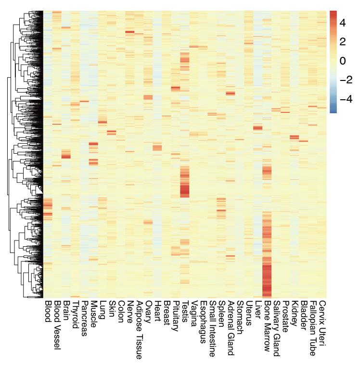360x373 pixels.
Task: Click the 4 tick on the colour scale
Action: [x=343, y=22]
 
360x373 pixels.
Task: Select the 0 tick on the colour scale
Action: [x=342, y=61]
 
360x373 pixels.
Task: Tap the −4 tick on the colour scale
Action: [x=346, y=100]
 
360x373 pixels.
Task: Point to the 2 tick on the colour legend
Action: [x=343, y=41]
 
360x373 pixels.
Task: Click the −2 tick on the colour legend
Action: [x=346, y=80]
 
